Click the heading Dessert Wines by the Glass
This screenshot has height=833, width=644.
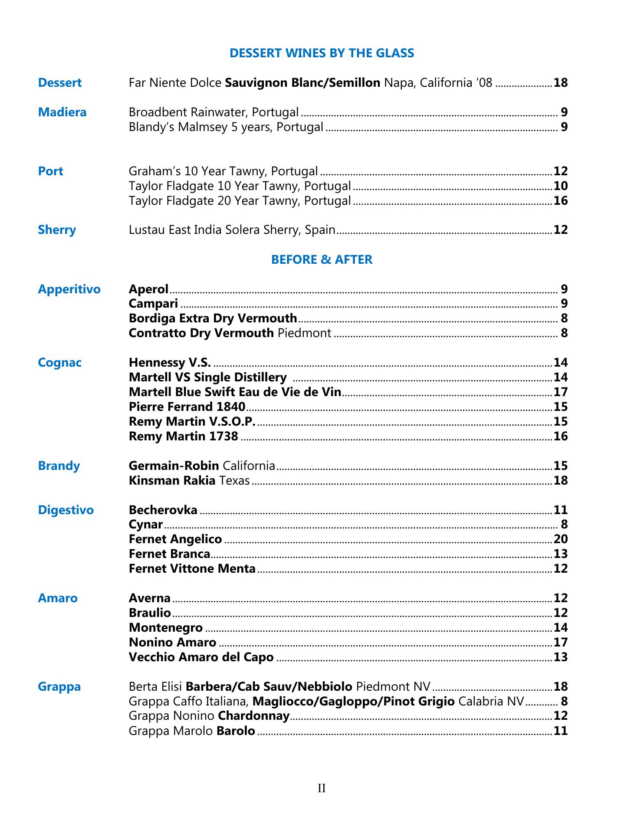tap(322, 53)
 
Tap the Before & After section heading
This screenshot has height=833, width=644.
tap(322, 259)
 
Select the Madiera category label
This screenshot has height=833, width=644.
tap(62, 112)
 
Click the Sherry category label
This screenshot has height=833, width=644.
tap(57, 230)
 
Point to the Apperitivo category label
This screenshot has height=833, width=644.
tap(69, 289)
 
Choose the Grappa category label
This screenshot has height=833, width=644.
tap(59, 687)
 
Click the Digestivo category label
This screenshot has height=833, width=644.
tap(66, 510)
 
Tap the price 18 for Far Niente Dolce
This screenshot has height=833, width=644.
tap(561, 83)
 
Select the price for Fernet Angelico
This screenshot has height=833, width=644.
tap(561, 539)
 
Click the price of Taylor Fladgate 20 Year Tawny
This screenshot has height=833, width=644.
tap(561, 201)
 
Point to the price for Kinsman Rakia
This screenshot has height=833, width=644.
tap(561, 481)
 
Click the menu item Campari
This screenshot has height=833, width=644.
tap(153, 304)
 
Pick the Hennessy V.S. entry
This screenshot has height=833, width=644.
tap(170, 363)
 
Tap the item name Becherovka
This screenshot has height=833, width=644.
tap(163, 510)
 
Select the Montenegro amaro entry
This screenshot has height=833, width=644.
tap(166, 628)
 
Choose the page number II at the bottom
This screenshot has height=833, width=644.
tap(322, 788)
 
